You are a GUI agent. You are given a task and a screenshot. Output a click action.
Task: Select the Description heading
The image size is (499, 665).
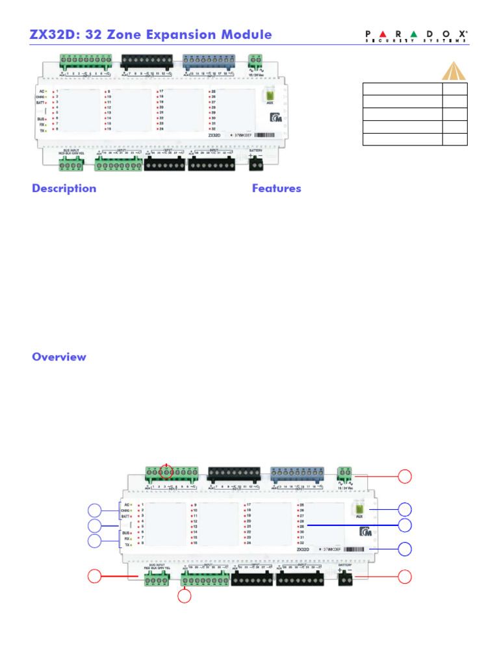coord(64,188)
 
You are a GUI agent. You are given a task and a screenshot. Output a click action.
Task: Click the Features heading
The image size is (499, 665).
coord(276,188)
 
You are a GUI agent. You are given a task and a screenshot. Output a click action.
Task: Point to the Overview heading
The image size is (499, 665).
coord(58,357)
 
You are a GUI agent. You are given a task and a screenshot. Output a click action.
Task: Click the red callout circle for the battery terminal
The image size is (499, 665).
coord(405,576)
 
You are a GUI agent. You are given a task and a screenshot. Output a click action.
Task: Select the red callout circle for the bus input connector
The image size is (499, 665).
coord(95,576)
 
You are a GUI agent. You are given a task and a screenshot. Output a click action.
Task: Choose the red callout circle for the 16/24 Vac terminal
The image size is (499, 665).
coord(405,476)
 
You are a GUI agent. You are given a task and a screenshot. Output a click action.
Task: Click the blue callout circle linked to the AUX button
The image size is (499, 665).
coord(405,508)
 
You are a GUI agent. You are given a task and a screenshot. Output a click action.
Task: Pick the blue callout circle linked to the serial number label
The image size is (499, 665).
coord(405,549)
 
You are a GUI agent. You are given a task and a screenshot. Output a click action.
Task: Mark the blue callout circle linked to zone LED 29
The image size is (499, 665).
coord(405,525)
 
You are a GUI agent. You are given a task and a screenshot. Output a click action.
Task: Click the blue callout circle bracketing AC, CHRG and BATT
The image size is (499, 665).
coord(95,510)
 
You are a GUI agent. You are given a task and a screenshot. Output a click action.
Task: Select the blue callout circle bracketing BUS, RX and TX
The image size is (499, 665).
coord(95,542)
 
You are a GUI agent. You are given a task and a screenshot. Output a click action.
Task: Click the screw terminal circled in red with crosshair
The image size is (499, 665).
coord(167,473)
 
